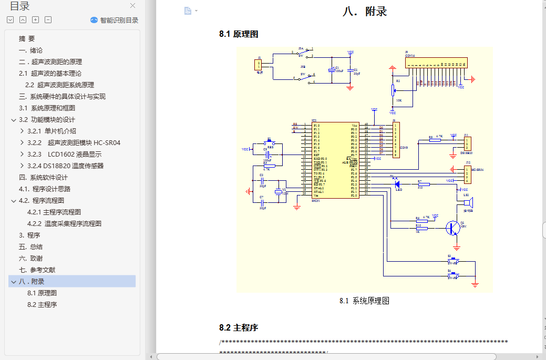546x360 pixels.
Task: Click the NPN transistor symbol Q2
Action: (x=451, y=228)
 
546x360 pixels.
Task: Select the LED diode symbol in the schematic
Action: (x=397, y=184)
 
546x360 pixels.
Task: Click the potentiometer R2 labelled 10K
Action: (x=393, y=91)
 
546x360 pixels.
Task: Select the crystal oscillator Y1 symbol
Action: (x=278, y=191)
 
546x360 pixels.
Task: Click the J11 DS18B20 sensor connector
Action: (x=467, y=144)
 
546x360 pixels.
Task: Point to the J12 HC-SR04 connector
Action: (x=467, y=174)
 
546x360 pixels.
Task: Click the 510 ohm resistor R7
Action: (x=424, y=184)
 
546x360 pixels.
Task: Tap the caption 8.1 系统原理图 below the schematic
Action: (x=364, y=301)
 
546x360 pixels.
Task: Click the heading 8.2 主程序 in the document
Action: (x=239, y=328)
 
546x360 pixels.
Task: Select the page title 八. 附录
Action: (x=364, y=11)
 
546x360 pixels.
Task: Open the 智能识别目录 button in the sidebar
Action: (x=115, y=20)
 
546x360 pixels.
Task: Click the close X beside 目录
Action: (x=133, y=6)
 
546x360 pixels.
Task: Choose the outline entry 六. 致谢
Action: (x=31, y=258)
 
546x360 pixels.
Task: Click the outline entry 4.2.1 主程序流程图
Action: (x=54, y=212)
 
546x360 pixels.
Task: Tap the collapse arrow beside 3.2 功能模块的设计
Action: (x=13, y=120)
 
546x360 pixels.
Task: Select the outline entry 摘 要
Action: (x=27, y=38)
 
